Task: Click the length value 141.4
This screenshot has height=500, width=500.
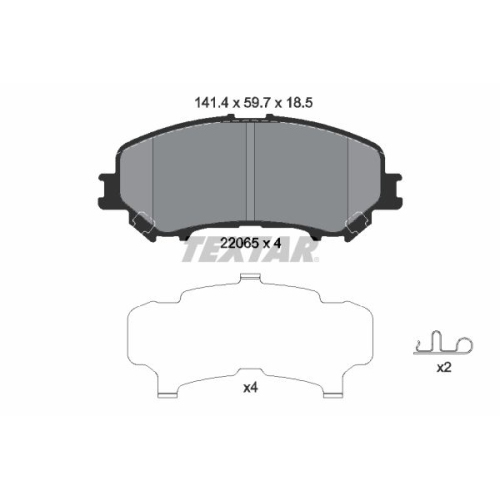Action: click(211, 103)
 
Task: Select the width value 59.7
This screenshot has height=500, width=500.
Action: click(257, 103)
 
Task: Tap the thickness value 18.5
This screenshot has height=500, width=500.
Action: click(298, 103)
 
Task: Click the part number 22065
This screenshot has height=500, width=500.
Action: click(240, 243)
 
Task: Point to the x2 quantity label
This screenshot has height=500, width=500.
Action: click(444, 368)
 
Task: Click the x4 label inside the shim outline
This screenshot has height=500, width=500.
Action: click(250, 388)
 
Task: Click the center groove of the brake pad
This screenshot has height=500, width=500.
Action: click(250, 172)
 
